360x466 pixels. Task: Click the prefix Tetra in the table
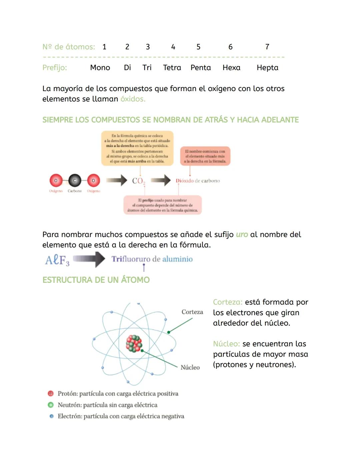pos(172,68)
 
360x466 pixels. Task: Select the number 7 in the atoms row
pos(267,47)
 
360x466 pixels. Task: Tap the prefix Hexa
pos(231,68)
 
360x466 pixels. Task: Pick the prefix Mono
pos(100,68)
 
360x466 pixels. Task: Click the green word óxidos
pos(133,99)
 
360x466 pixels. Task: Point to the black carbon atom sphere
pos(75,180)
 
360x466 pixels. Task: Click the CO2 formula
pos(138,181)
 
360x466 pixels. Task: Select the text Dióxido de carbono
pos(198,181)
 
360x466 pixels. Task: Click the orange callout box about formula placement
pos(137,148)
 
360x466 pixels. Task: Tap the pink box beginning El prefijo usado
pos(163,205)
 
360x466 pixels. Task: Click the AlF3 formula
pos(57,260)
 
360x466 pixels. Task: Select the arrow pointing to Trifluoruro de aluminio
pos(89,259)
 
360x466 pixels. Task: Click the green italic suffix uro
pos(242,235)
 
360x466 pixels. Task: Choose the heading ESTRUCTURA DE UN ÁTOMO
pos(96,280)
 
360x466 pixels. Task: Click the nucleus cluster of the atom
pos(134,344)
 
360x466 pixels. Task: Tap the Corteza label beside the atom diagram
pos(192,312)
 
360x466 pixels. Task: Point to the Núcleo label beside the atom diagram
pos(190,367)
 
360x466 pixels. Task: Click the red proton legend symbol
pos(51,394)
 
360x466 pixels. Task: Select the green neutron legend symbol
pos(51,405)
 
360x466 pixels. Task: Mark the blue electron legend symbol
pos(51,416)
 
